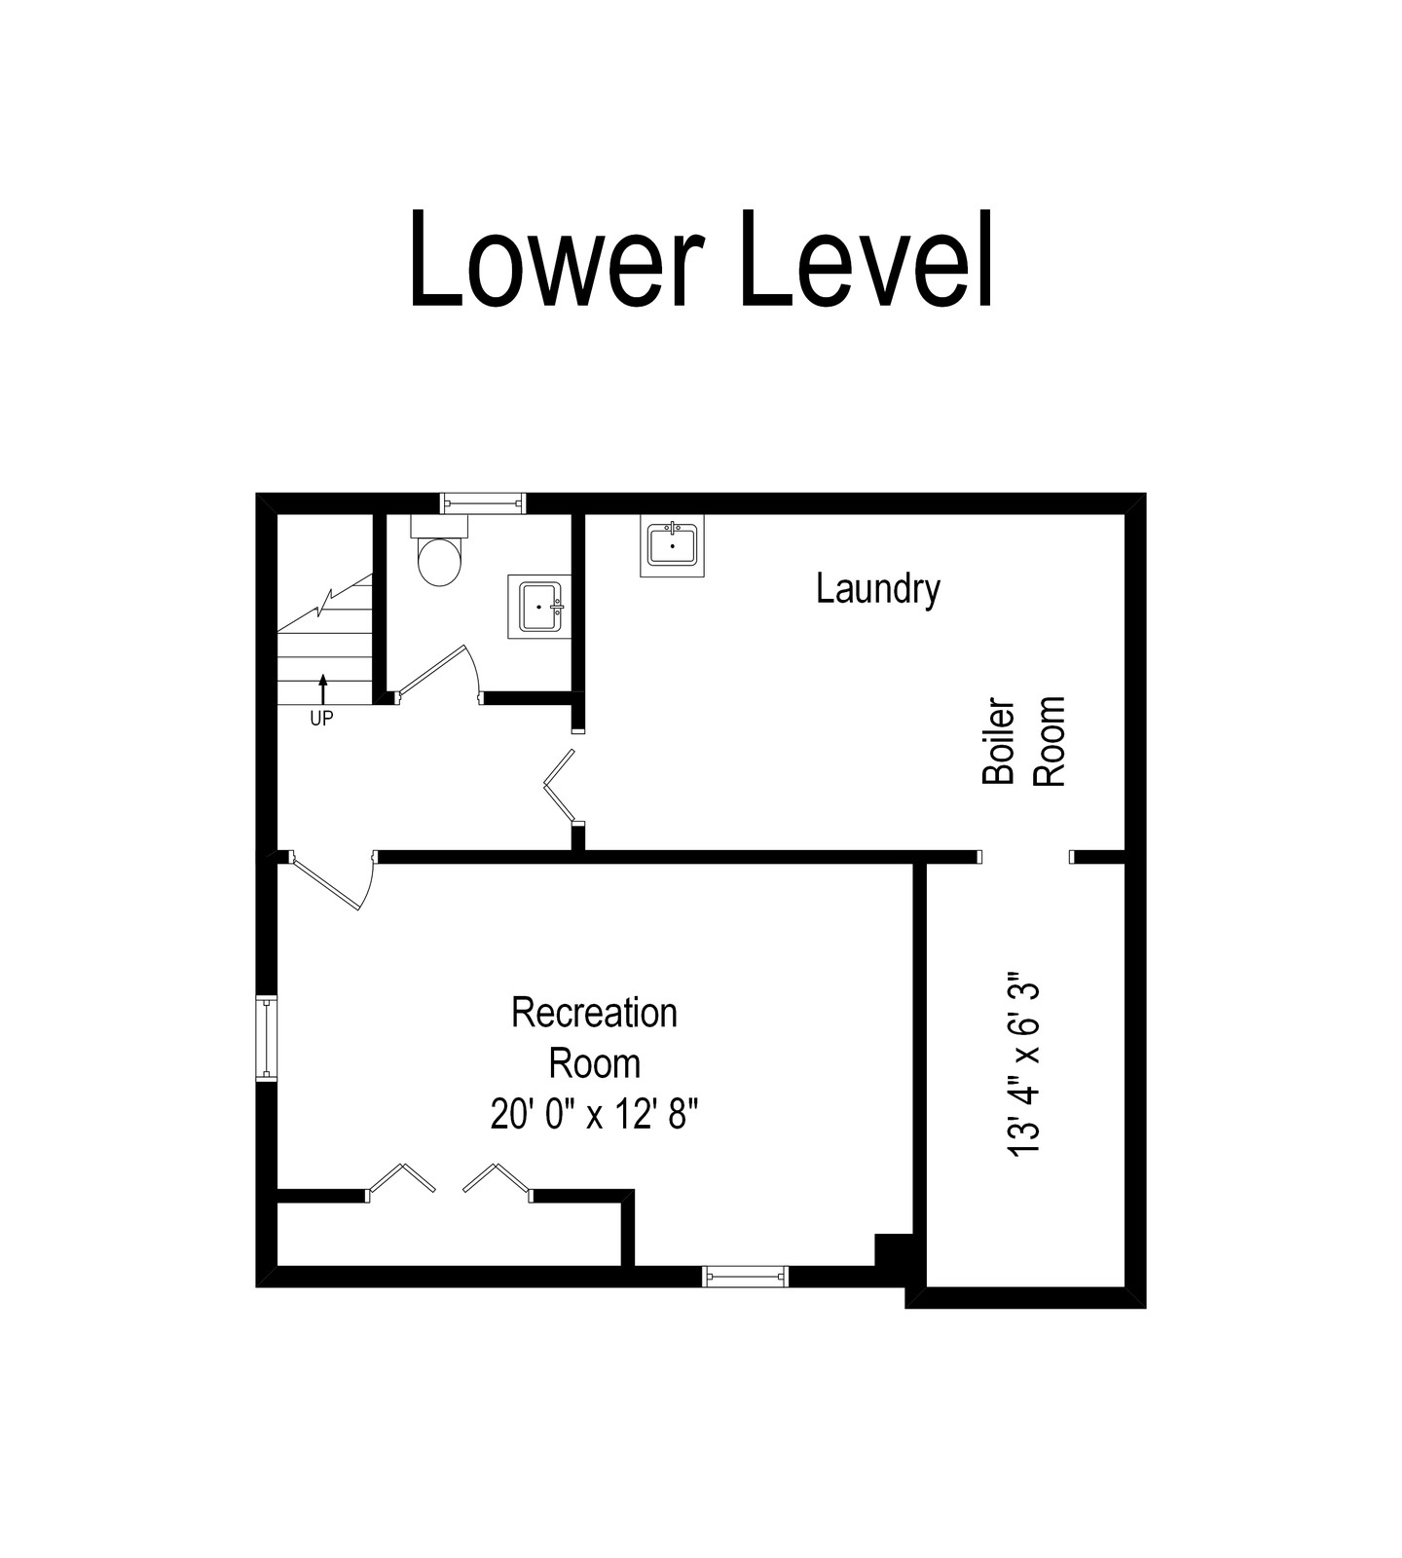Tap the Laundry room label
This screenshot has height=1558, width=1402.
[x=878, y=590]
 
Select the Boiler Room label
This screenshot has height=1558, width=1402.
[x=1024, y=741]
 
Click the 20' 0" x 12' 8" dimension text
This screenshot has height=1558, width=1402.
[x=594, y=1114]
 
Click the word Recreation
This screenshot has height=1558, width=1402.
[x=594, y=1013]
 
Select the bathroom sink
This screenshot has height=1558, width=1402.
[x=536, y=606]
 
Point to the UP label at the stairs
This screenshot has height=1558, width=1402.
[x=321, y=720]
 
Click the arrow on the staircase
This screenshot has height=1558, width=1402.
[x=323, y=688]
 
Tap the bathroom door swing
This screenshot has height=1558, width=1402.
[x=438, y=672]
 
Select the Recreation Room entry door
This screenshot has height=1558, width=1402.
[x=331, y=881]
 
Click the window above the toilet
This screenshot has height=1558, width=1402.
[x=483, y=502]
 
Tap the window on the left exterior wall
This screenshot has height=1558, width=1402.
[x=266, y=1038]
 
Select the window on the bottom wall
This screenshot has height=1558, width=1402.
[x=746, y=1275]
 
